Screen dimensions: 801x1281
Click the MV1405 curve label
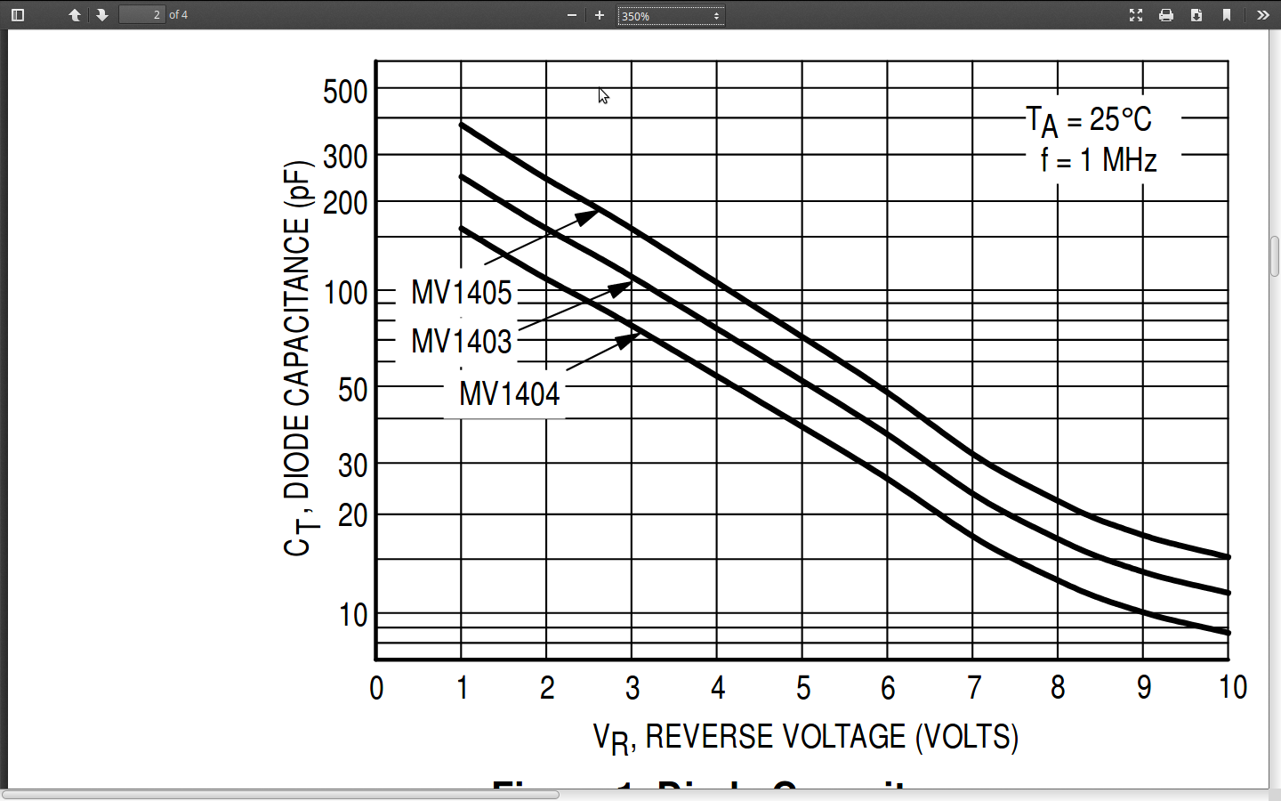[461, 293]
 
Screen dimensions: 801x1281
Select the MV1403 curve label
[461, 342]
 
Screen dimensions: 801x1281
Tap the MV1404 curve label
[509, 394]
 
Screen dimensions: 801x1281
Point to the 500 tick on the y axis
[345, 92]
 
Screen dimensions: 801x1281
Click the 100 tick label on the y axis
[345, 293]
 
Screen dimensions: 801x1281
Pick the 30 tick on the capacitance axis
[352, 465]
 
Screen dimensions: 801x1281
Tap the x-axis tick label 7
[973, 688]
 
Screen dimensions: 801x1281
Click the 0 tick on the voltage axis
[376, 688]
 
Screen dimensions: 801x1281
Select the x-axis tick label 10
[1232, 688]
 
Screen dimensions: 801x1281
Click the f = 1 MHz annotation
[1099, 160]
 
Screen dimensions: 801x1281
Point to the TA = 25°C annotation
[1089, 121]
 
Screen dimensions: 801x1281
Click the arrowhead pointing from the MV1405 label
[589, 216]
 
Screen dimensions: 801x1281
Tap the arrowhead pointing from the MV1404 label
[629, 339]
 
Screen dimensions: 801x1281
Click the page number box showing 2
[142, 15]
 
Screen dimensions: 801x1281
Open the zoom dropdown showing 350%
[671, 16]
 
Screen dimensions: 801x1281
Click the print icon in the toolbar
[1166, 15]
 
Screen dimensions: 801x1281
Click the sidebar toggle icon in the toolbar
[18, 15]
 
